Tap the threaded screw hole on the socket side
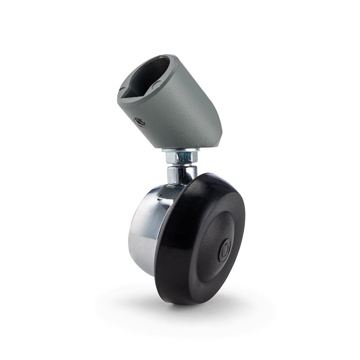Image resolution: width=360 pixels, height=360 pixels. [x=141, y=121]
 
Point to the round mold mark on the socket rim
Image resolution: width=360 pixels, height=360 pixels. [x=156, y=83]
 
